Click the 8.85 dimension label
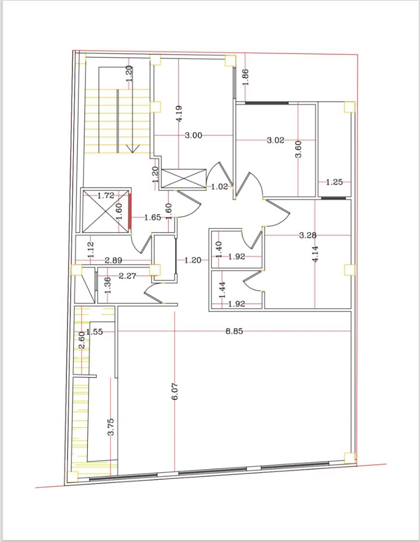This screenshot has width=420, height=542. (x=234, y=332)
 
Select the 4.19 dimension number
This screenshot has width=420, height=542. (x=179, y=113)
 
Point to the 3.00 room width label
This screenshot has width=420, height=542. (x=194, y=135)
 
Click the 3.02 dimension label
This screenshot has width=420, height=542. (x=275, y=140)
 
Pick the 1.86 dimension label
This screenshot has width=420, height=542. (x=246, y=77)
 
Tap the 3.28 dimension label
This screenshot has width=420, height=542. (x=308, y=235)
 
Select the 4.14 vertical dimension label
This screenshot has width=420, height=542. (x=315, y=254)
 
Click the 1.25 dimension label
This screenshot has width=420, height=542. (x=334, y=182)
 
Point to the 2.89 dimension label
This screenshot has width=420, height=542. (x=113, y=261)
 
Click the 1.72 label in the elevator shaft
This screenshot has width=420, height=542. (x=106, y=196)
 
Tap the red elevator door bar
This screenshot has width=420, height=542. (x=130, y=211)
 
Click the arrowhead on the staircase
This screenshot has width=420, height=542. (x=132, y=149)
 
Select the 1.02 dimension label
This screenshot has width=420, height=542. (x=220, y=187)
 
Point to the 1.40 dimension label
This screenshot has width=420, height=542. (x=219, y=249)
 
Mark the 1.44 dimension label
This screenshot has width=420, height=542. (x=222, y=290)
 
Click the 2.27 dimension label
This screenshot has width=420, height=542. (x=127, y=276)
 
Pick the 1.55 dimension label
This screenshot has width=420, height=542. (x=94, y=332)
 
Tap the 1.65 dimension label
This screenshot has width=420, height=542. (x=153, y=218)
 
